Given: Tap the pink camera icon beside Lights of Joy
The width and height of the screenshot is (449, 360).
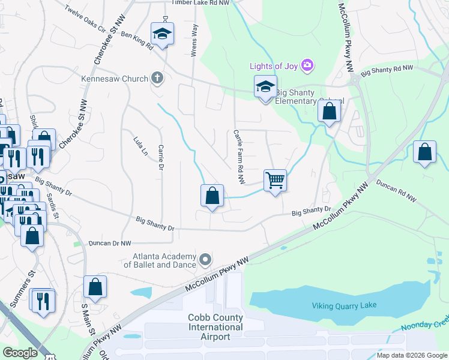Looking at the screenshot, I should (x=307, y=64).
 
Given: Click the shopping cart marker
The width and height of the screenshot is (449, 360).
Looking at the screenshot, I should (x=275, y=179).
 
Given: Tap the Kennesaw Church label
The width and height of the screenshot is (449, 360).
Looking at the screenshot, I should (x=115, y=79).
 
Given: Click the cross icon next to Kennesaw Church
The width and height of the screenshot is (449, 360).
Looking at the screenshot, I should (x=157, y=78).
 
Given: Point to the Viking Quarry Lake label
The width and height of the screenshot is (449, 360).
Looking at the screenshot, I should (x=344, y=305).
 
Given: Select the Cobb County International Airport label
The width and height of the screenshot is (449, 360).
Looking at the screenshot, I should (x=215, y=327).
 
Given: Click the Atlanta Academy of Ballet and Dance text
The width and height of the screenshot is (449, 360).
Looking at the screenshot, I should (x=160, y=260).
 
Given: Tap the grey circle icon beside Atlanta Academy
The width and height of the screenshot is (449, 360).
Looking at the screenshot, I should (x=206, y=260).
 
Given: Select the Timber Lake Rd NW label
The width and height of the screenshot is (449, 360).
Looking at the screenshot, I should (x=200, y=3).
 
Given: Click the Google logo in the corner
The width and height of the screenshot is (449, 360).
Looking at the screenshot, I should (x=20, y=353).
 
